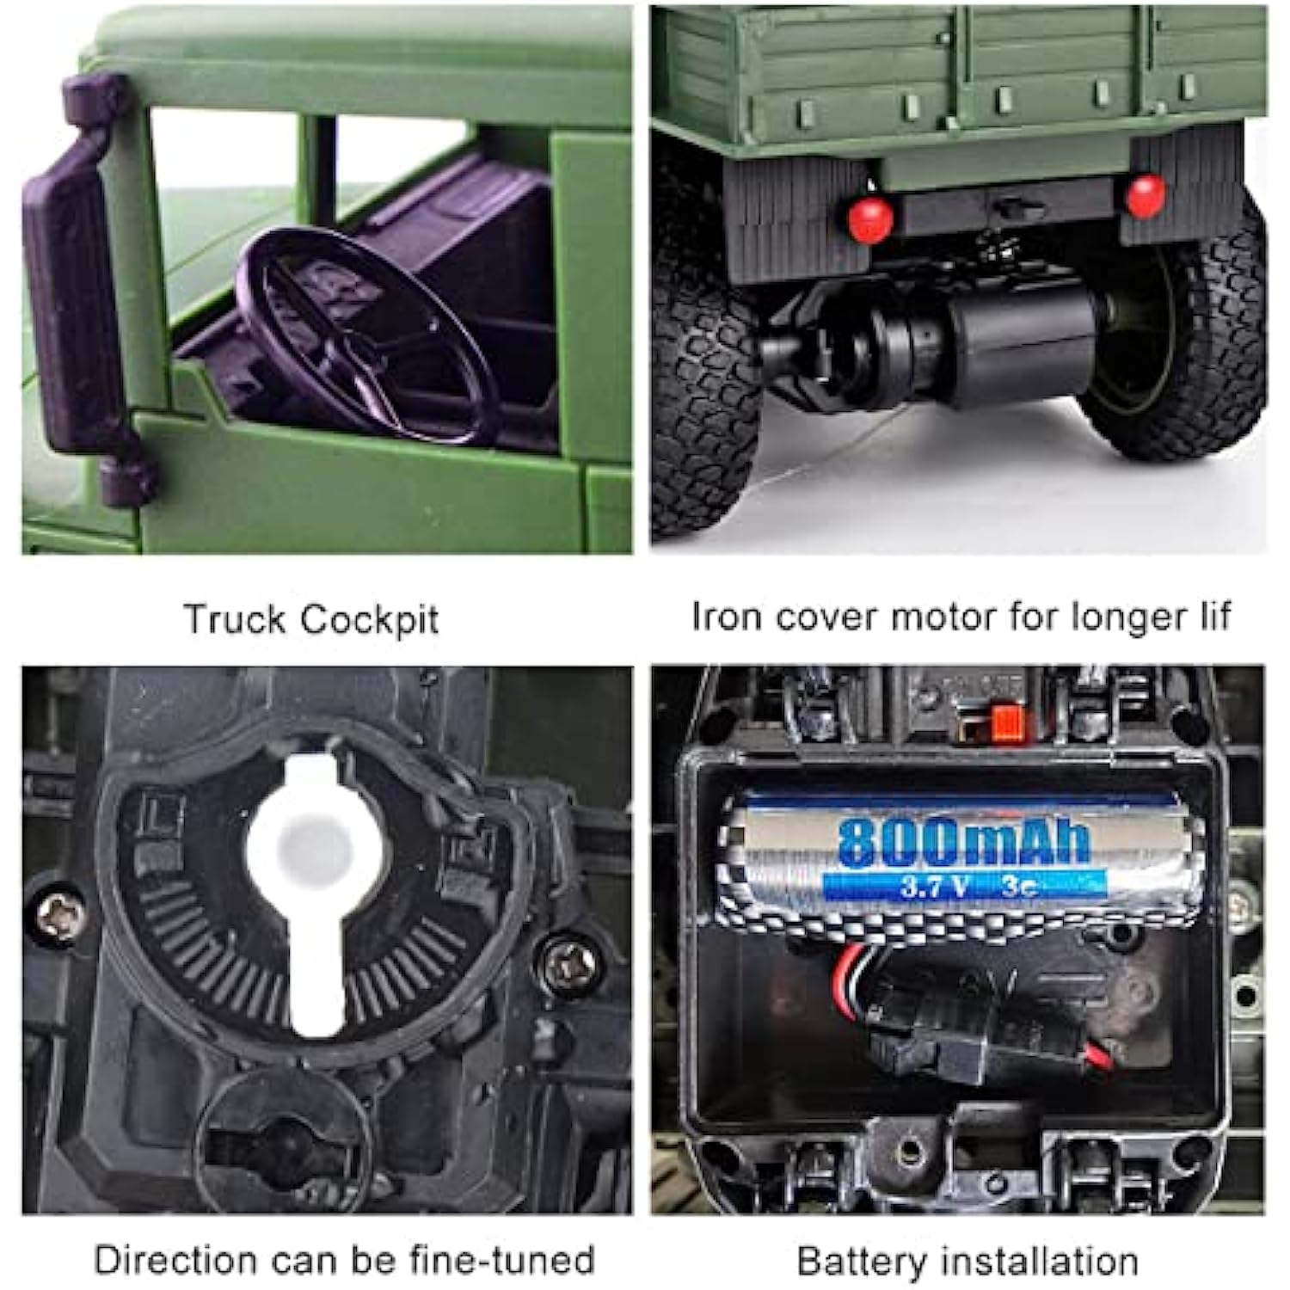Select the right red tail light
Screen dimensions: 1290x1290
click(x=1145, y=196)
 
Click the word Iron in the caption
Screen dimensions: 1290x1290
click(x=719, y=617)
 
